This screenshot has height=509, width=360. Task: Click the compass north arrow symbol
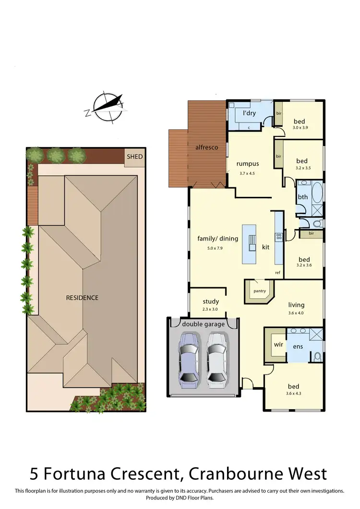(107, 107)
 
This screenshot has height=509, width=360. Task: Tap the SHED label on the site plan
(134, 157)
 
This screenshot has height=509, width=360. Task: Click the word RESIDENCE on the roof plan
(82, 298)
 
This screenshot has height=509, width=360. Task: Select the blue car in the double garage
(187, 359)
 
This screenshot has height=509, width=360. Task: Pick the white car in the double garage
(216, 359)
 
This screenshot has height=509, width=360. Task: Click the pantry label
(259, 291)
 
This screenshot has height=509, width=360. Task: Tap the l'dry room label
(249, 113)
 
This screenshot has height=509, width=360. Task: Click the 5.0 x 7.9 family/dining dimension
(215, 248)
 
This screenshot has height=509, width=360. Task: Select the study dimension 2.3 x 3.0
(211, 309)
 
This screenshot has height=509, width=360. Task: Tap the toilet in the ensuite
(317, 356)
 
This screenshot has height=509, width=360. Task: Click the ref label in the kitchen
(277, 273)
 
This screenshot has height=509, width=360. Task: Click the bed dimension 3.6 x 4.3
(293, 395)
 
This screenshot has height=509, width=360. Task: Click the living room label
(296, 304)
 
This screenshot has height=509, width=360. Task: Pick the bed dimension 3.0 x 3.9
(301, 128)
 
